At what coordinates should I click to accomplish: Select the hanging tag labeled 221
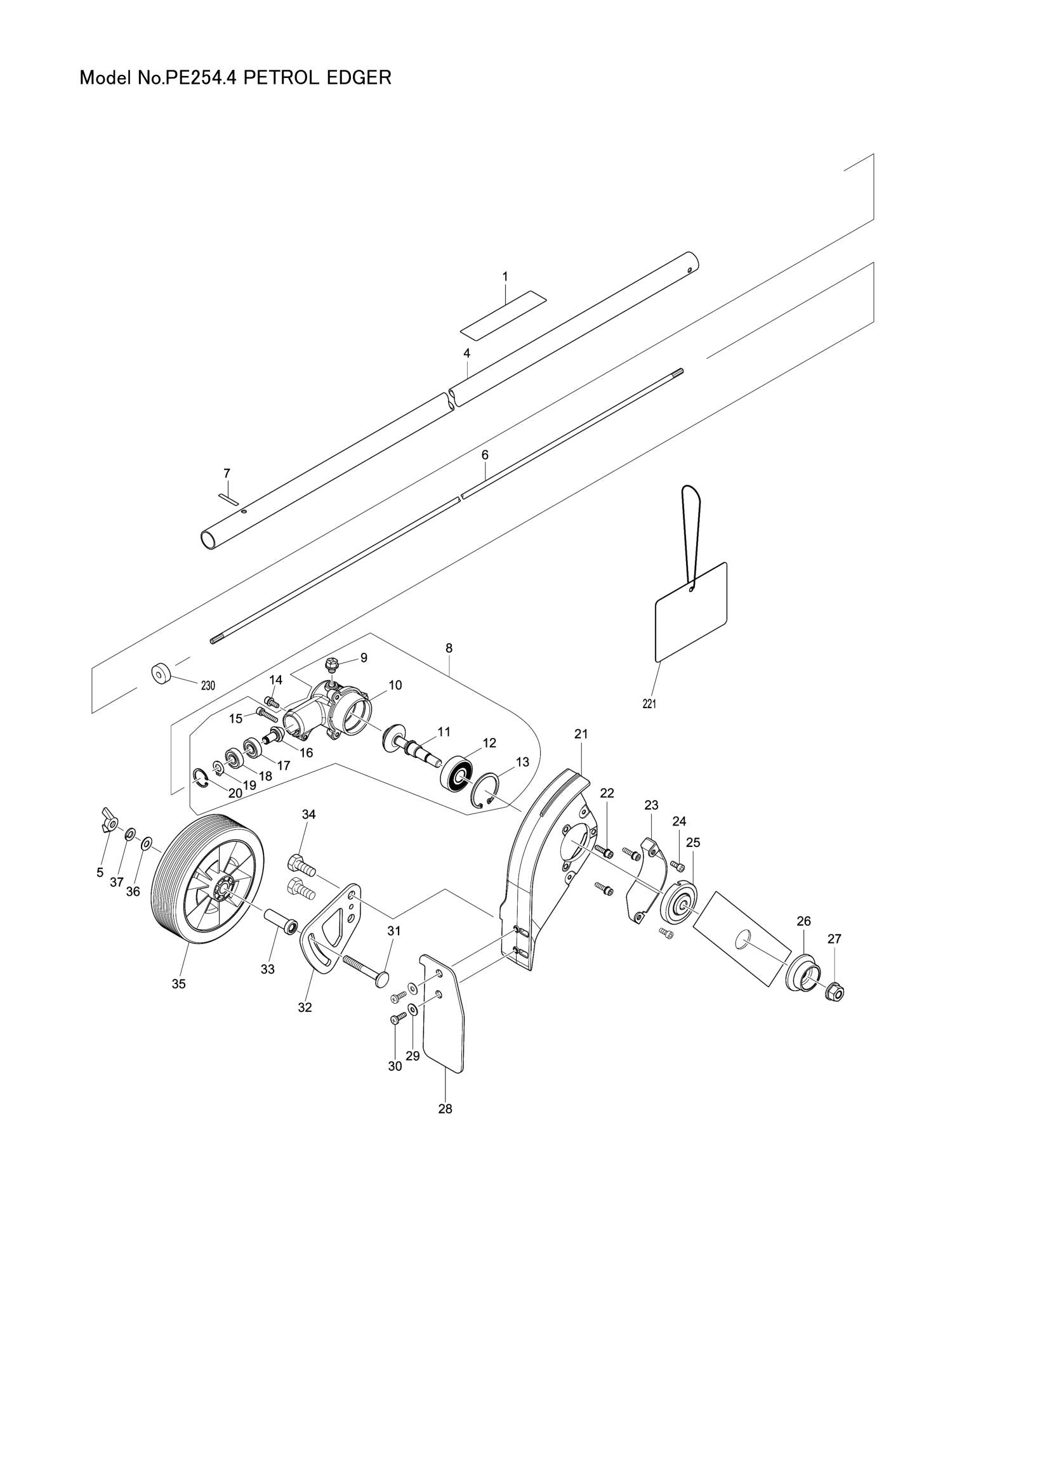pos(692,612)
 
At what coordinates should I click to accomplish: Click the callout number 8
pos(449,648)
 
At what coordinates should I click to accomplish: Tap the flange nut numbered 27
pos(836,990)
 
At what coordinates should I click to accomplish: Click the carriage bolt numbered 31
pos(364,969)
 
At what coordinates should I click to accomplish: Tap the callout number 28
pos(445,1109)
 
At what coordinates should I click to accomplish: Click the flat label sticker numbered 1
pos(503,315)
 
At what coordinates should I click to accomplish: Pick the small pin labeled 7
pos(229,498)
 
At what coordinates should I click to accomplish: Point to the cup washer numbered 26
pos(803,973)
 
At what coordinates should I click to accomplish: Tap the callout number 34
pos(309,815)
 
